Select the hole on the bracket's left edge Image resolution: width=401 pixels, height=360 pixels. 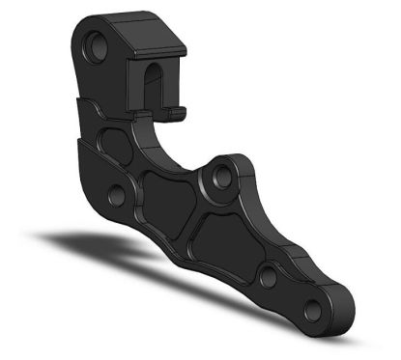click(117, 196)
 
